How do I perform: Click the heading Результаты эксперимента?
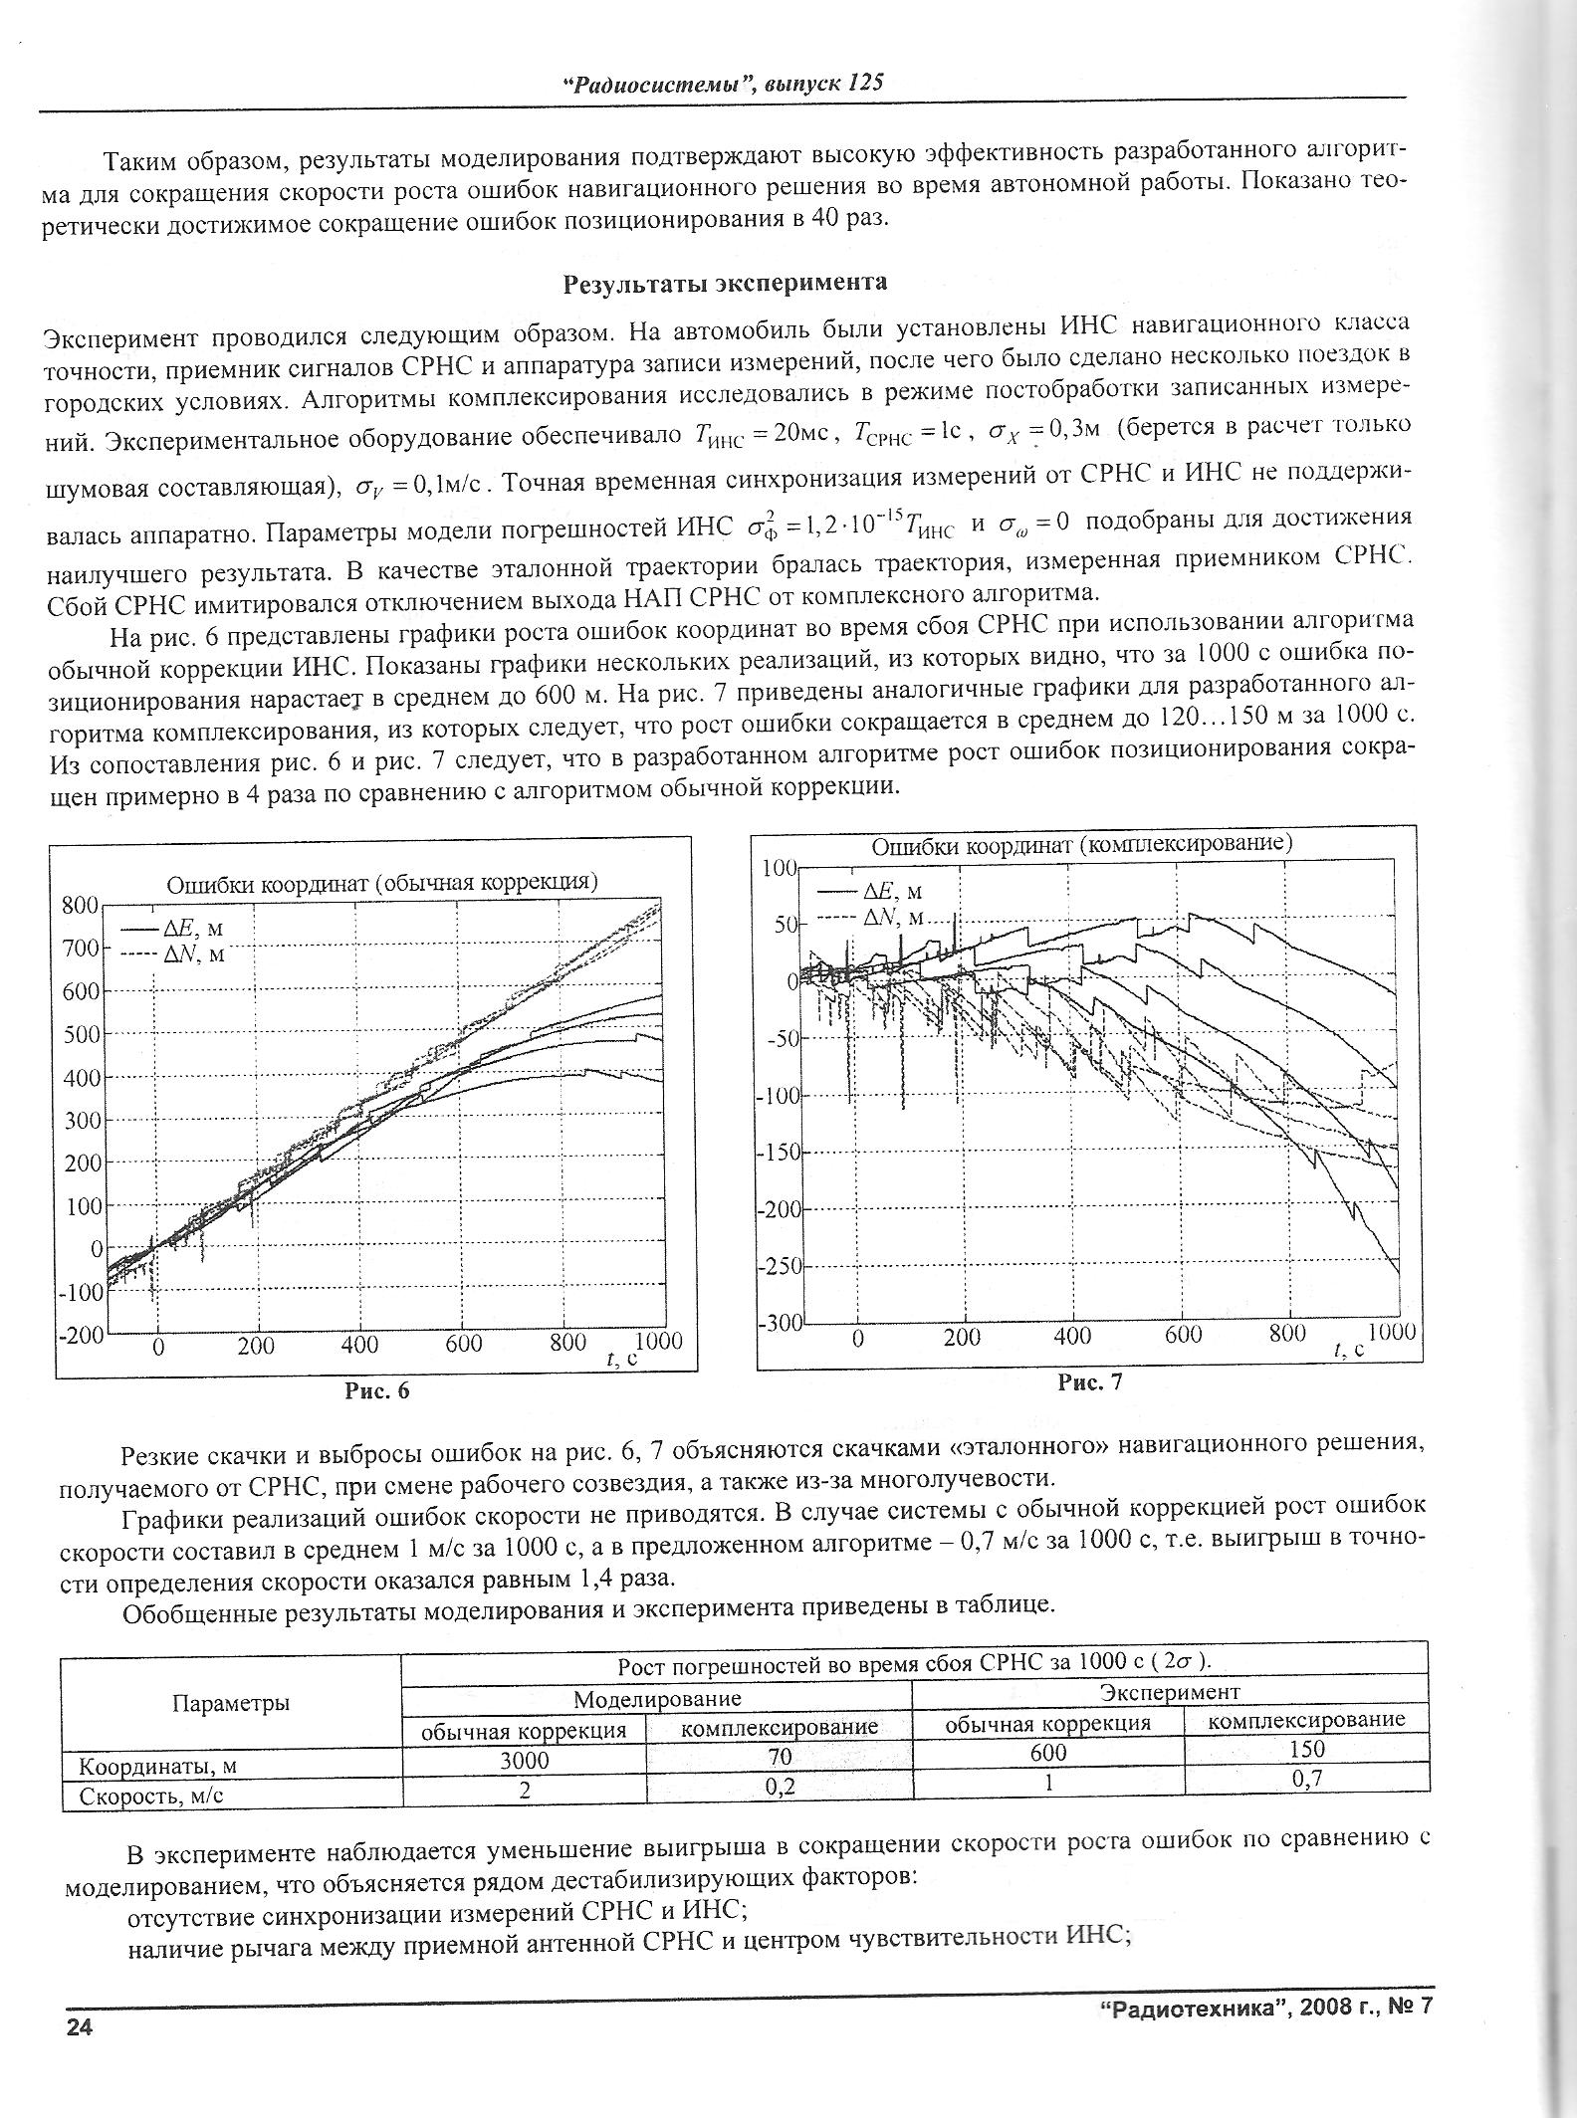pyautogui.click(x=725, y=284)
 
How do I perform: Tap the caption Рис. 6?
pyautogui.click(x=377, y=1390)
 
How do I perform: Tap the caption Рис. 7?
pyautogui.click(x=1090, y=1381)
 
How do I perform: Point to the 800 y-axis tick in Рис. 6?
pyautogui.click(x=79, y=905)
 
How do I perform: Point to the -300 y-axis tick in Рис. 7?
pyautogui.click(x=779, y=1325)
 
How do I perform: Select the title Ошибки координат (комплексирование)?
pyautogui.click(x=1081, y=845)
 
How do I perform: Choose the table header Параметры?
pyautogui.click(x=231, y=1703)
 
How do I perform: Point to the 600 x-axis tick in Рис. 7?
pyautogui.click(x=1184, y=1336)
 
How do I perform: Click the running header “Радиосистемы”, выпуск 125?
pyautogui.click(x=723, y=84)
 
